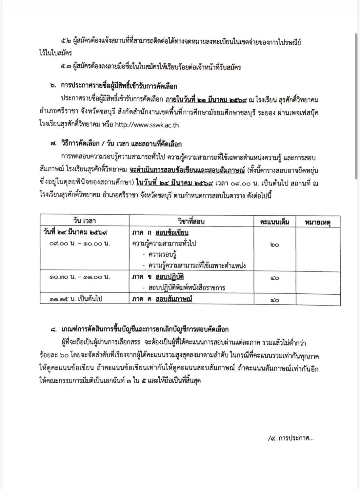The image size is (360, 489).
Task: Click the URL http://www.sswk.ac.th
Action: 147,125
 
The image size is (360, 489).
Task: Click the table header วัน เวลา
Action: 84,221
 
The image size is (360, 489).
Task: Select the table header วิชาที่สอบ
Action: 191,221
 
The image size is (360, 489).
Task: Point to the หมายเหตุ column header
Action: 318,222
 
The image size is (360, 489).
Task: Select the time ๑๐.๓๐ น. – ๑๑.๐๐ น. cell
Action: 80,277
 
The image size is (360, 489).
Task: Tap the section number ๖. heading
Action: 53,86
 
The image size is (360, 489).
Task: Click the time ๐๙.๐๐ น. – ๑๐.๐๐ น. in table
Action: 80,244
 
